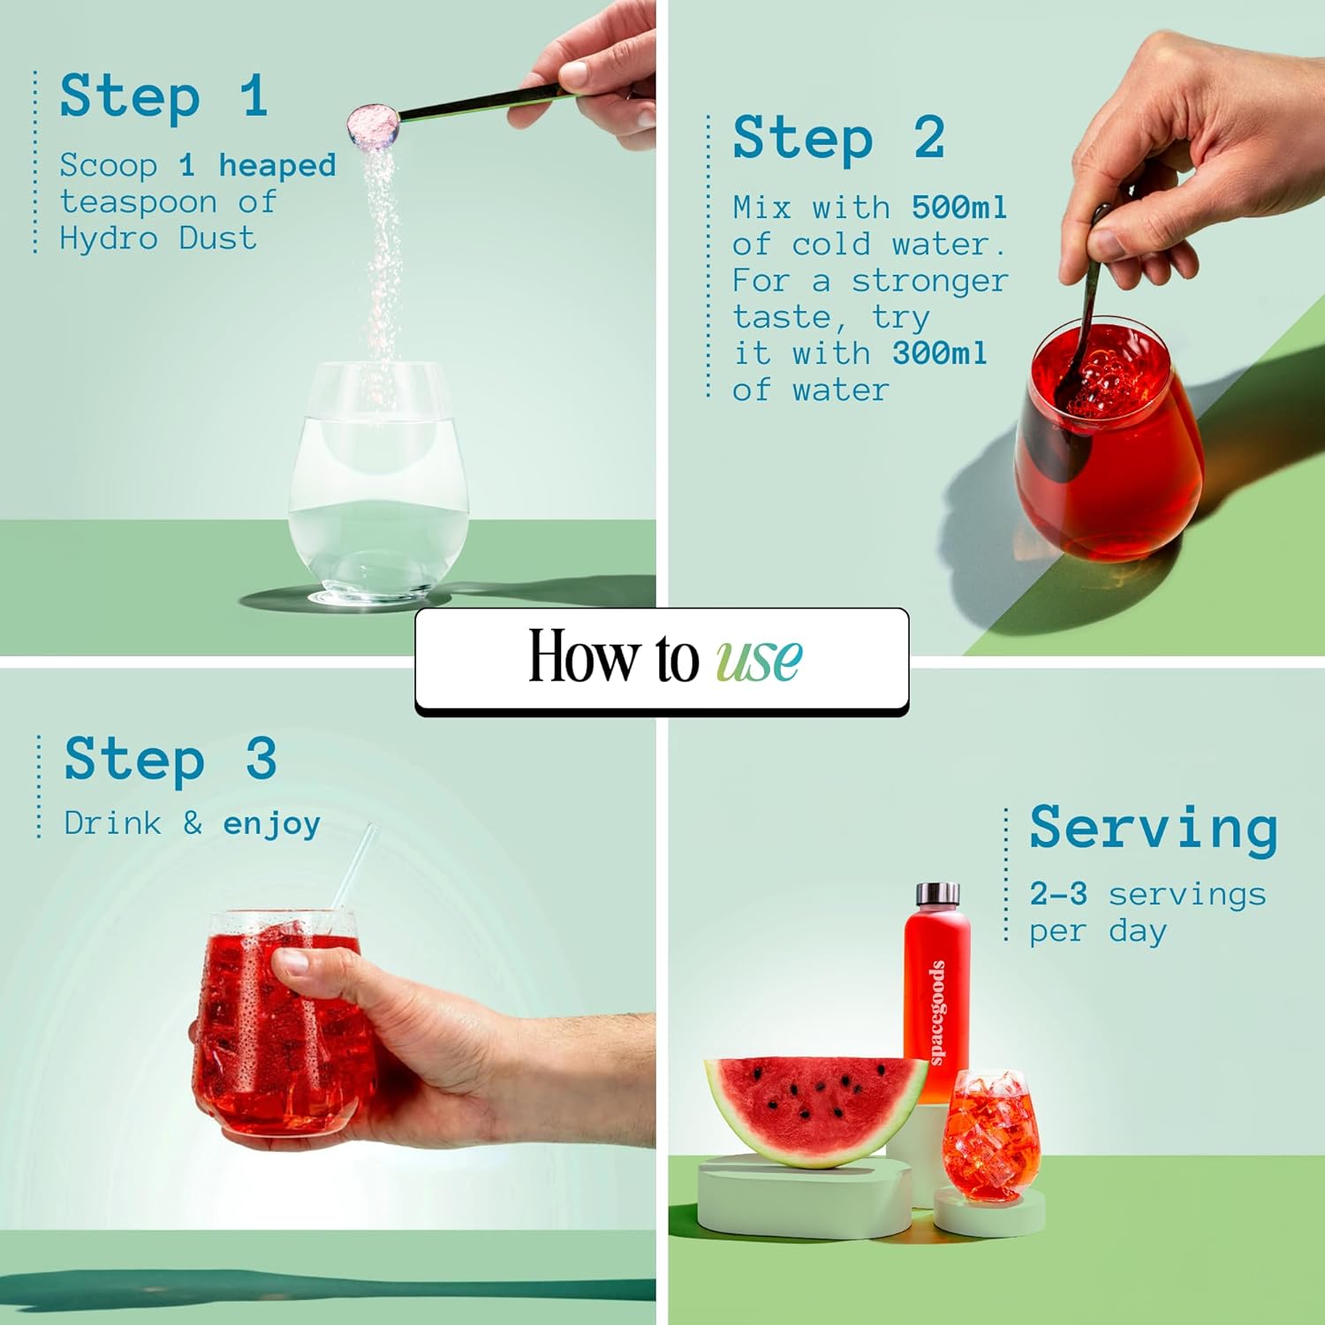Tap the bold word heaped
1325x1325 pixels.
[x=277, y=166]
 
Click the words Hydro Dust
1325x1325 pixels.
[x=158, y=238]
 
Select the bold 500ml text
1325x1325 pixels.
[x=959, y=208]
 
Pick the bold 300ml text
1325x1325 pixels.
[x=939, y=353]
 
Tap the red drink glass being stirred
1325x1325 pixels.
[x=1109, y=437]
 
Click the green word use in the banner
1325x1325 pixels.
[x=759, y=659]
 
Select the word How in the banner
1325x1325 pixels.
[x=584, y=655]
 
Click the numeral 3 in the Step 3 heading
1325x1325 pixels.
[x=261, y=759]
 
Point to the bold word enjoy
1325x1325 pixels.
[x=271, y=824]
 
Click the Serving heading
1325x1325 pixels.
[x=1154, y=828]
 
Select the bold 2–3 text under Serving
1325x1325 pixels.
[x=1058, y=894]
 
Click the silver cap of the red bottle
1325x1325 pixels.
[x=937, y=894]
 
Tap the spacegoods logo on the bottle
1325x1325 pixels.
[x=937, y=1012]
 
